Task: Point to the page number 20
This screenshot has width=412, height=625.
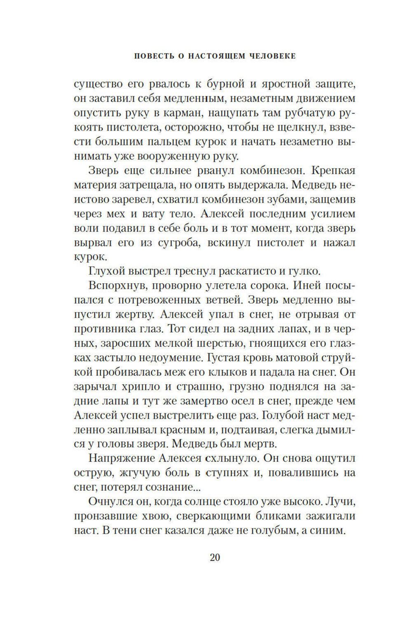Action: point(215,557)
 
